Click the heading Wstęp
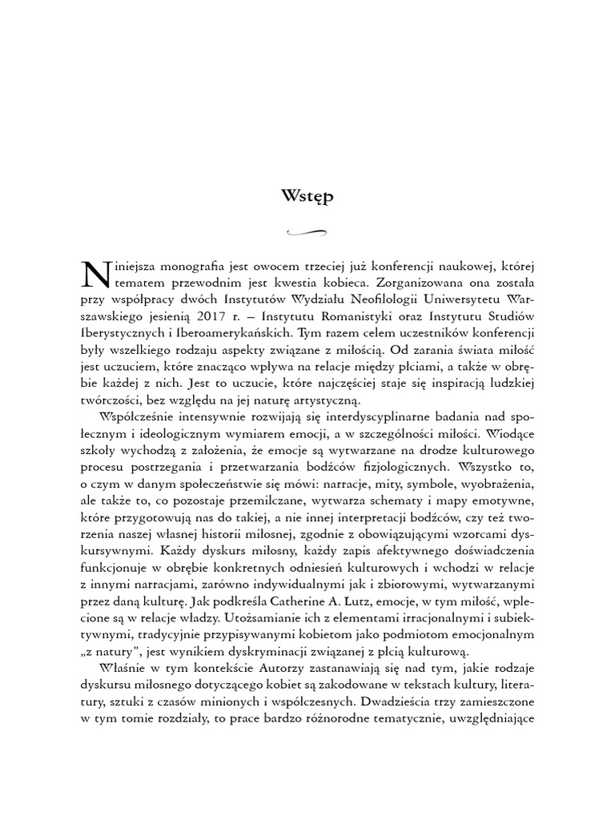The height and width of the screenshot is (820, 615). [307, 196]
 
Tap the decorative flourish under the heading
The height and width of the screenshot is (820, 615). [307, 233]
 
